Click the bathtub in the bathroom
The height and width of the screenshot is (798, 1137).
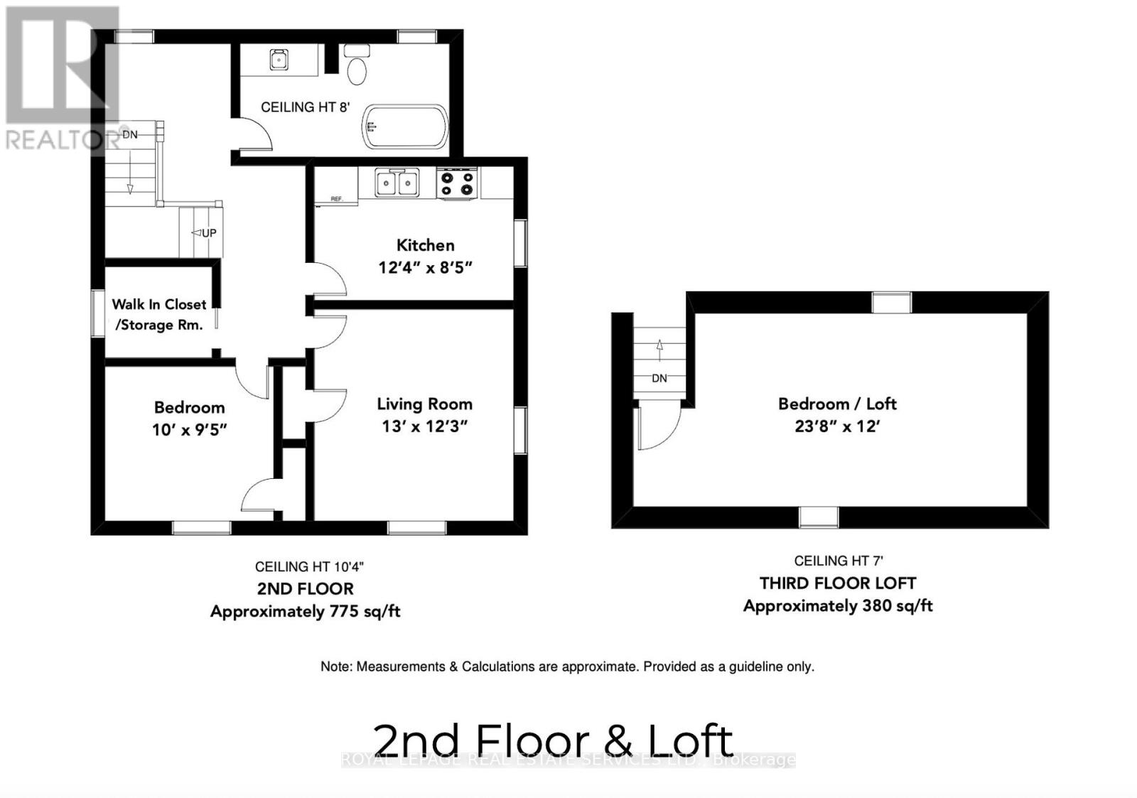406,126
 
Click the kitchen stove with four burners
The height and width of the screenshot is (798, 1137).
457,183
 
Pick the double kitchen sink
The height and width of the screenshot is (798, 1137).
397,183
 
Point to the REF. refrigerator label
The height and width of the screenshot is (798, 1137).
337,199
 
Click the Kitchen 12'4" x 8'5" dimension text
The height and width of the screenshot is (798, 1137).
425,268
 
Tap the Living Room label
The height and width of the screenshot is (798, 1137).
424,404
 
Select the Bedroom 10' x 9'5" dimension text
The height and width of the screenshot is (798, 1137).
189,430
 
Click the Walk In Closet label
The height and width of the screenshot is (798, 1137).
159,304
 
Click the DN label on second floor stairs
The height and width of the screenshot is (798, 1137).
130,134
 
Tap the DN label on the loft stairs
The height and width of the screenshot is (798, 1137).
659,378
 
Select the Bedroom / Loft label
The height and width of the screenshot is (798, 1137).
837,404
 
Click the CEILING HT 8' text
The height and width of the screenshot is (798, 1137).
305,107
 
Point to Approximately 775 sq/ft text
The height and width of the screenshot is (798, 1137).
305,611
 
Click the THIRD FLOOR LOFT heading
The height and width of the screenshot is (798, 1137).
838,583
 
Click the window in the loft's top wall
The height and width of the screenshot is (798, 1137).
891,303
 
